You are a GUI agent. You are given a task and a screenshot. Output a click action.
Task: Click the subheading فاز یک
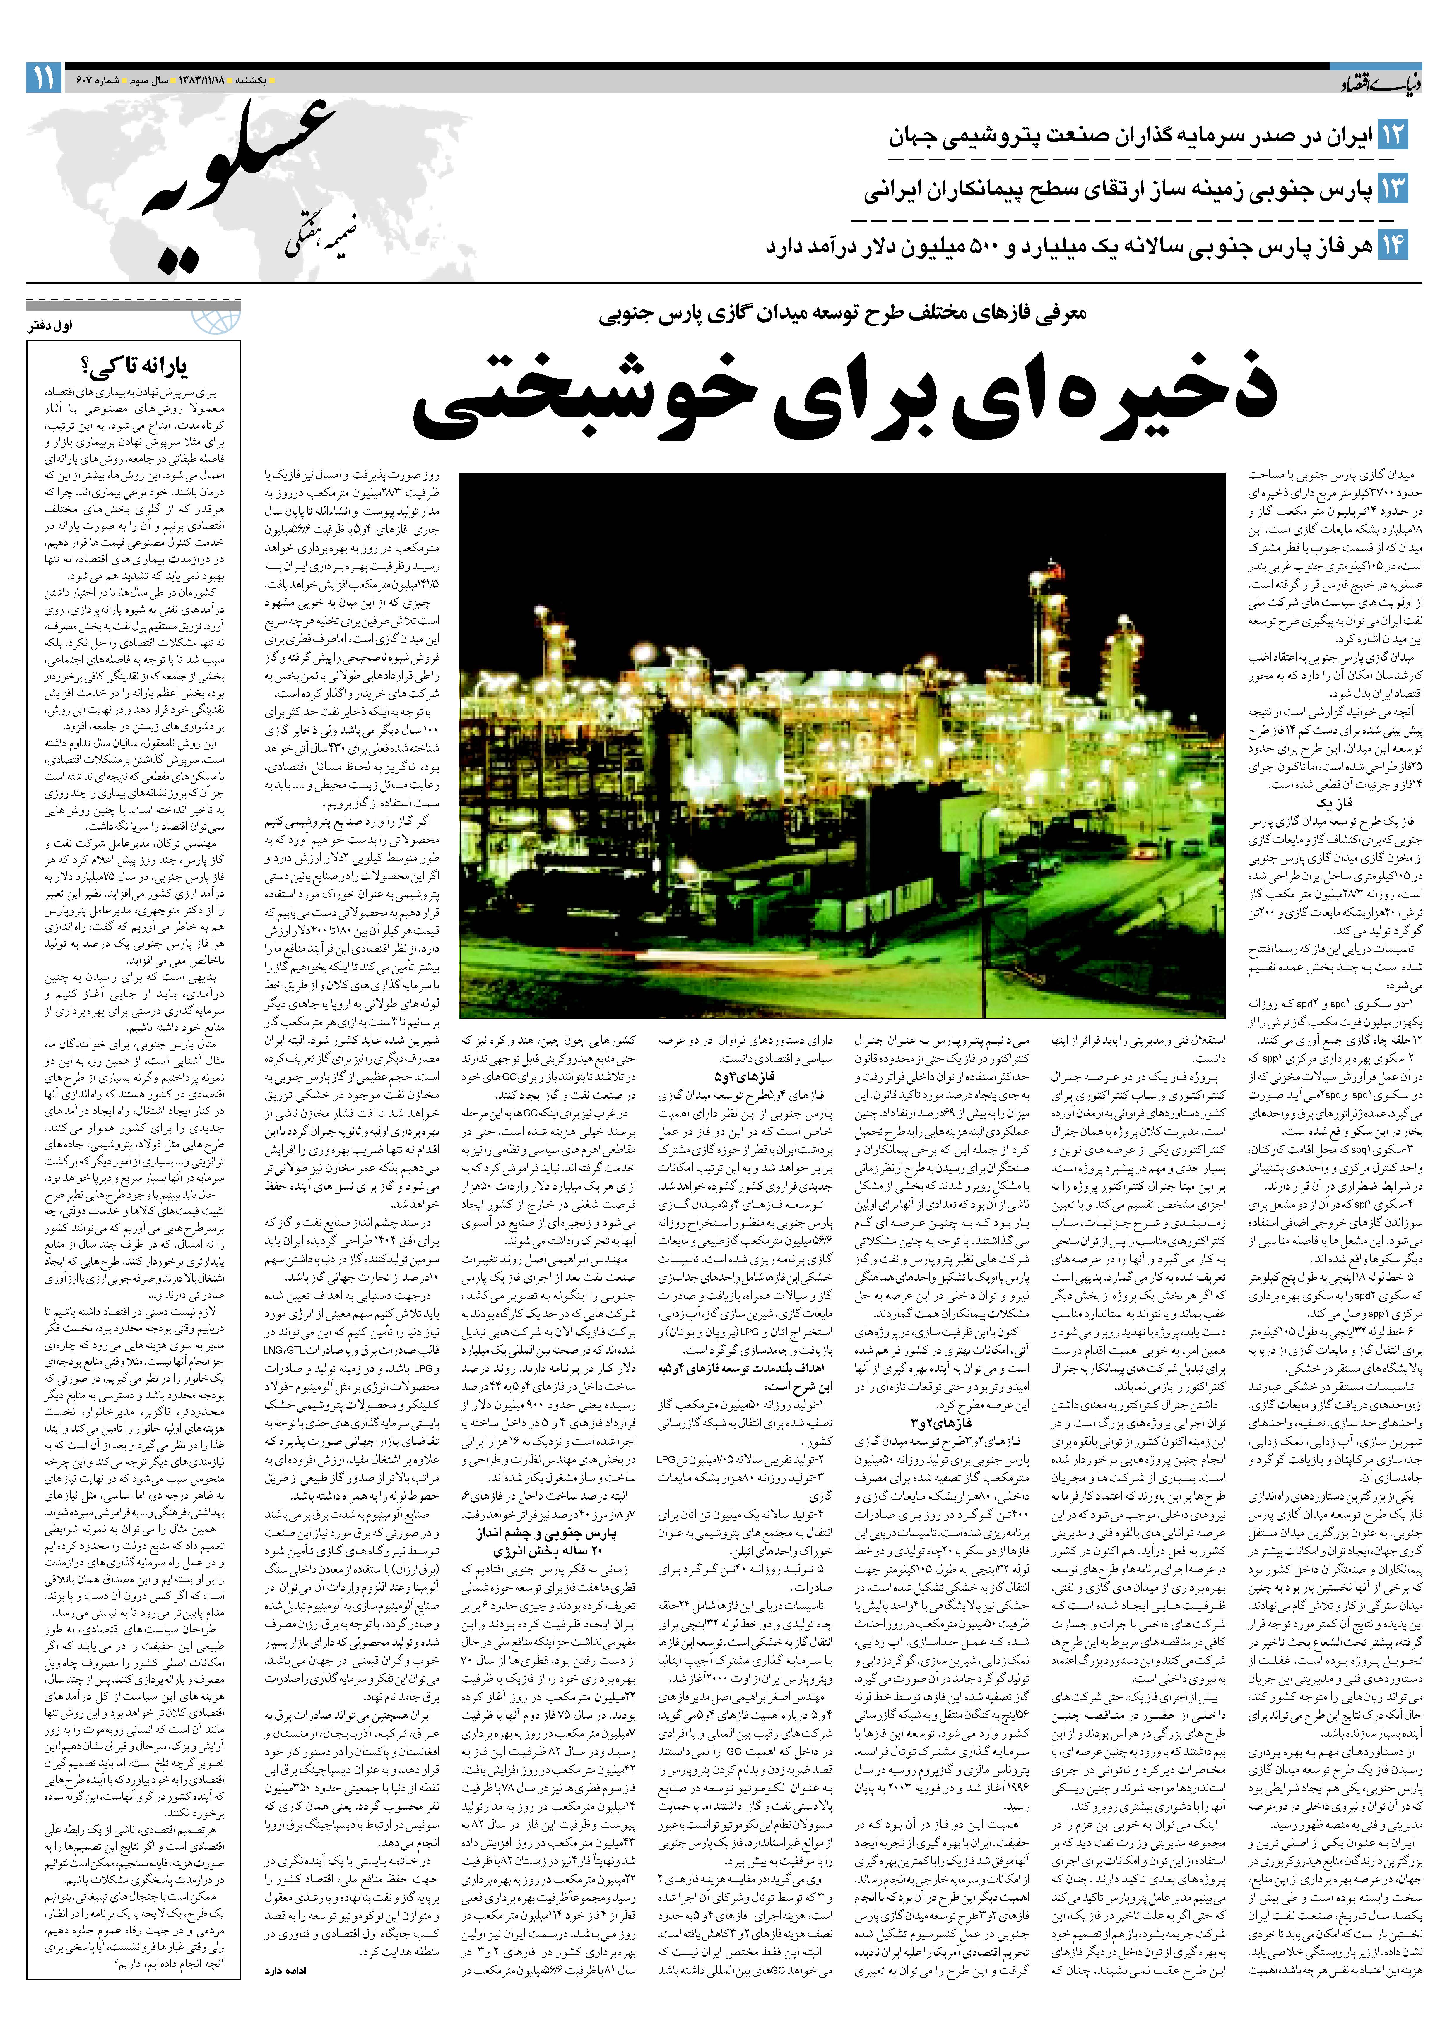(x=1335, y=801)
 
